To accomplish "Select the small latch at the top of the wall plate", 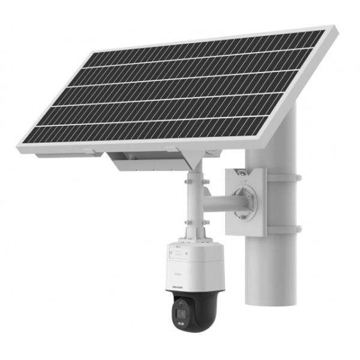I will [x=239, y=173].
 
